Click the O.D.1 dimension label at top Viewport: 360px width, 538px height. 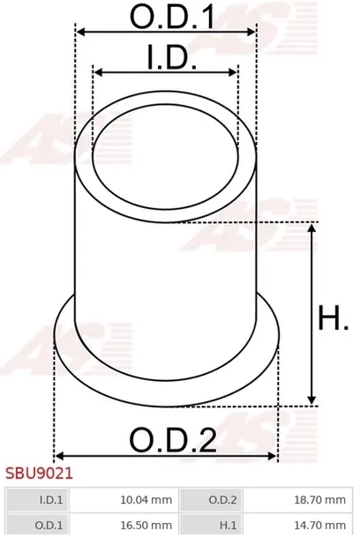[x=173, y=16]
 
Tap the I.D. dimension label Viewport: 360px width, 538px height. [x=171, y=57]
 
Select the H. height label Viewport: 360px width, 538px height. [x=334, y=318]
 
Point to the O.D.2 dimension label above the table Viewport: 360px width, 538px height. [x=173, y=439]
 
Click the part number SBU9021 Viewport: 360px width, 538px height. [x=39, y=474]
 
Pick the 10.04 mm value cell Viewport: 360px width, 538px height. [x=124, y=499]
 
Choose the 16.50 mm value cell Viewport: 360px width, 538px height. [x=124, y=525]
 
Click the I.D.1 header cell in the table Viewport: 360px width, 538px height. [x=37, y=499]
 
